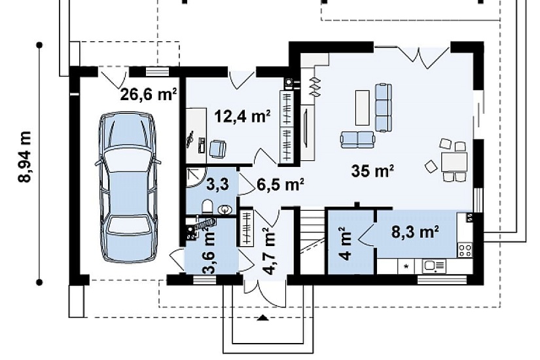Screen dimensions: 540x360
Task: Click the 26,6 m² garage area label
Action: pyautogui.click(x=149, y=94)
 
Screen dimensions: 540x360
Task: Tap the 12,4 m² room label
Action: pyautogui.click(x=242, y=116)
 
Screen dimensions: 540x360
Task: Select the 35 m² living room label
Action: pyautogui.click(x=372, y=171)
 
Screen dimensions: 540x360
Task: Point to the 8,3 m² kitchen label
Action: pyautogui.click(x=415, y=232)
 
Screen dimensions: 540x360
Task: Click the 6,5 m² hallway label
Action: pyautogui.click(x=280, y=185)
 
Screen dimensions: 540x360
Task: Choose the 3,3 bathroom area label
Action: pyautogui.click(x=217, y=184)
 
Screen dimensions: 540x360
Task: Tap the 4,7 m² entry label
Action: pyautogui.click(x=269, y=251)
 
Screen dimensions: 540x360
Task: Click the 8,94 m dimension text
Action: pyautogui.click(x=25, y=157)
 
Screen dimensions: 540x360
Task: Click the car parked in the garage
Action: pyautogui.click(x=128, y=187)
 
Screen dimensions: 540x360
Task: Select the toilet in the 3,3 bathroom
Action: pyautogui.click(x=207, y=207)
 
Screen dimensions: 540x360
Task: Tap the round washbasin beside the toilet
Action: pyautogui.click(x=225, y=209)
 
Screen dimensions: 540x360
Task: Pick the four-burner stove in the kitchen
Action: pyautogui.click(x=465, y=250)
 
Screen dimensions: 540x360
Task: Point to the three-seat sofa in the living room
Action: pyautogui.click(x=383, y=107)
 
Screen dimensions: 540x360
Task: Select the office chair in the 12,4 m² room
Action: pyautogui.click(x=217, y=149)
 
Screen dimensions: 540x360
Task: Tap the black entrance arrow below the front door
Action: pyautogui.click(x=263, y=317)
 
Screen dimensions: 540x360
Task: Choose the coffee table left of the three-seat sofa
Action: pyautogui.click(x=363, y=107)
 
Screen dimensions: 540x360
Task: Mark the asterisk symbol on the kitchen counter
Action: pyautogui.click(x=406, y=266)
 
